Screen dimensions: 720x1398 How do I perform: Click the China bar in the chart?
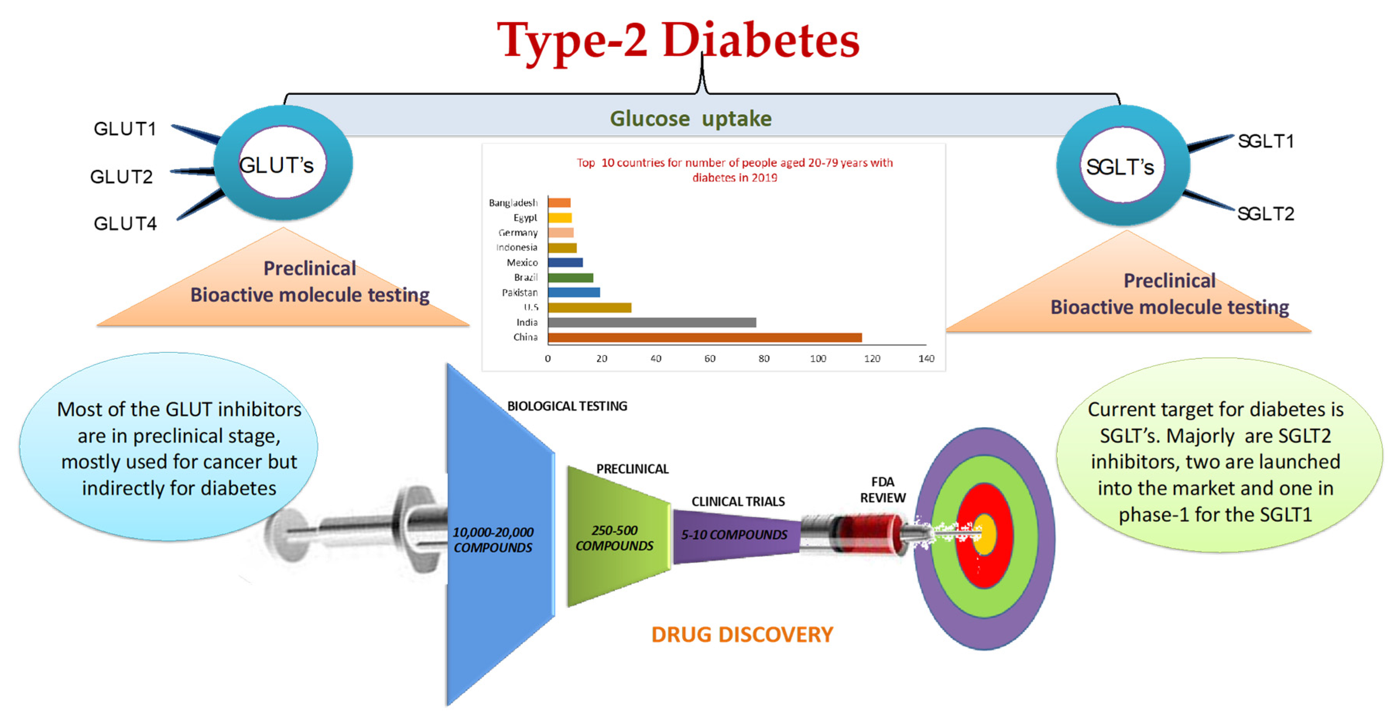tap(705, 337)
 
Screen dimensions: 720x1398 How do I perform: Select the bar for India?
tap(651, 323)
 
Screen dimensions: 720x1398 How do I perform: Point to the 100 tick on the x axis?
tap(817, 359)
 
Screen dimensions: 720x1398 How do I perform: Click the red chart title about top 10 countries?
tap(734, 170)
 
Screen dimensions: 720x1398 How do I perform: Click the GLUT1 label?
tap(125, 129)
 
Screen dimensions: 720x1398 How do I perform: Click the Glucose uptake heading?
tap(690, 119)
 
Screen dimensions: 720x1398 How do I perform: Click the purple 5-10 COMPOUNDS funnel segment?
tap(734, 535)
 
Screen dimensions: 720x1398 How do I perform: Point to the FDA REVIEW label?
tap(883, 490)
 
